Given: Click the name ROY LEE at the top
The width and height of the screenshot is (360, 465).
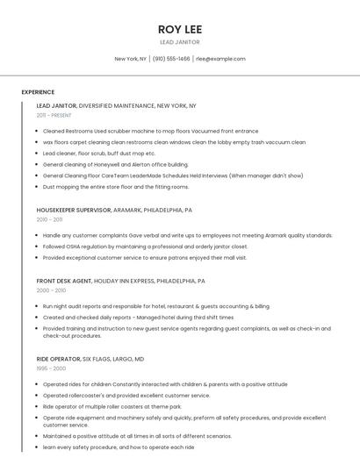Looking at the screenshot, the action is (x=180, y=29).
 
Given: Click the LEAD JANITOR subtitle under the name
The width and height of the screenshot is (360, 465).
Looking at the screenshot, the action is (x=180, y=42).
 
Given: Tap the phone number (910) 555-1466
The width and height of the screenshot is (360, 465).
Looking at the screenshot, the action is (x=171, y=59).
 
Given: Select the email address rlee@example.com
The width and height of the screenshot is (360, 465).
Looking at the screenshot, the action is (x=220, y=59).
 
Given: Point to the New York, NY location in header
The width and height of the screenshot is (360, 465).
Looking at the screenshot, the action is (x=130, y=59).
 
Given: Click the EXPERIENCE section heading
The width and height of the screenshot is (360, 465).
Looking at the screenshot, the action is (x=38, y=92).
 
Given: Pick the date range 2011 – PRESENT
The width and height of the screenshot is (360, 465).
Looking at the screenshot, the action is (x=54, y=116).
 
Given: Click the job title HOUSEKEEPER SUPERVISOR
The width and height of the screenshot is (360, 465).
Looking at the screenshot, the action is (x=74, y=211).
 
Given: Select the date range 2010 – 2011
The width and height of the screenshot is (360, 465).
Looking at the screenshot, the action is (x=50, y=220).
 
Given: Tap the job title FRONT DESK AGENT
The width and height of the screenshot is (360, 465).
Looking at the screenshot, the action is (x=63, y=282).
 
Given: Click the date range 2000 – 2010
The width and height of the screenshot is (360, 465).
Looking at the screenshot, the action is (x=51, y=291).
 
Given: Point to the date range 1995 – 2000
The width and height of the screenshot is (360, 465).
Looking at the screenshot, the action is (x=50, y=369).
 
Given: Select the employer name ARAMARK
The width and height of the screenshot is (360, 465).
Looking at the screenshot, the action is (x=129, y=211).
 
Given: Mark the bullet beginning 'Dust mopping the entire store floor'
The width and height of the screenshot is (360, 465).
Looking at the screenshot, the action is (x=116, y=187).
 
